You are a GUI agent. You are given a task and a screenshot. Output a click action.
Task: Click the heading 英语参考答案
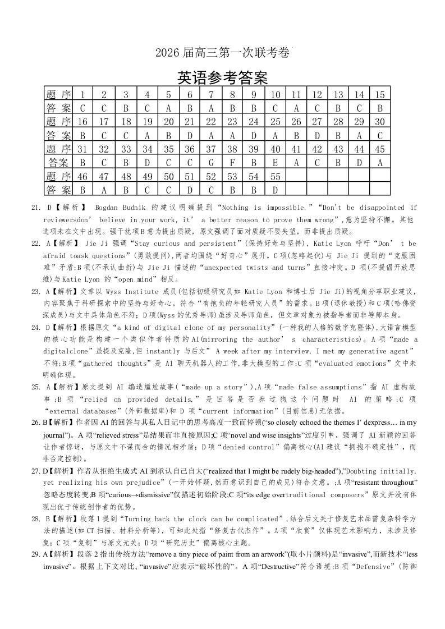(222, 77)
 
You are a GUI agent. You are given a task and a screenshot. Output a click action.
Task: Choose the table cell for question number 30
(380, 122)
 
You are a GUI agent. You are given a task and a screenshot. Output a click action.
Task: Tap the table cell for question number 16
(82, 122)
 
